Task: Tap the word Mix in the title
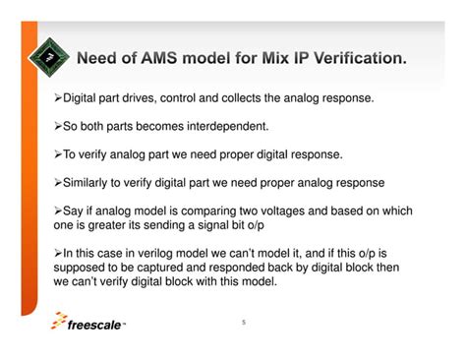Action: click(263, 59)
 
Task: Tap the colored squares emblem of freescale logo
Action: click(62, 321)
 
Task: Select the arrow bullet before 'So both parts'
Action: click(58, 128)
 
